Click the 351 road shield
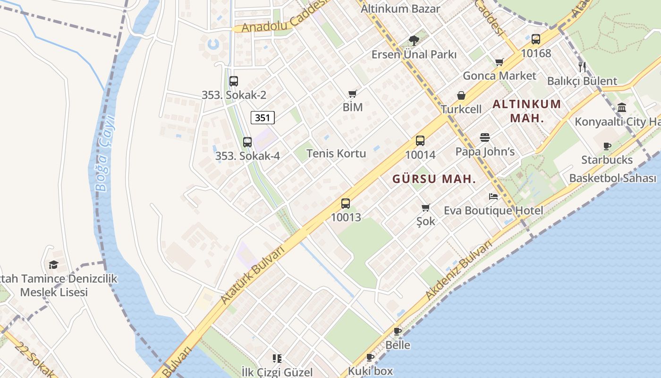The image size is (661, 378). point(262,118)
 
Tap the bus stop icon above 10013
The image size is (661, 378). point(346,204)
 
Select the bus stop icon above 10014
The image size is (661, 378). point(420,140)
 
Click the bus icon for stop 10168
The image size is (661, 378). point(536,39)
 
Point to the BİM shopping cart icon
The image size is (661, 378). point(352,94)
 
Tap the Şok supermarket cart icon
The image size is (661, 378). point(425,207)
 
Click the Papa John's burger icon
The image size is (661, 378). point(485,137)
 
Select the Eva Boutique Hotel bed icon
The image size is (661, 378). point(493,196)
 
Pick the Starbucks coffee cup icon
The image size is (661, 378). point(607,146)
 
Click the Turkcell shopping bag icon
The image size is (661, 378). point(461,95)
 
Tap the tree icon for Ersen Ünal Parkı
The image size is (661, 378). point(414,41)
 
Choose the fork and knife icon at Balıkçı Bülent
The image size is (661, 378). point(582,67)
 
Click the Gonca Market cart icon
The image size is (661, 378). point(500,62)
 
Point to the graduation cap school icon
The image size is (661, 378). point(53,265)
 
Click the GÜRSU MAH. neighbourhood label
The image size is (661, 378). point(434,179)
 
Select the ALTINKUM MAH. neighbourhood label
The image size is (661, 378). point(527,111)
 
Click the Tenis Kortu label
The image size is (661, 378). point(336,154)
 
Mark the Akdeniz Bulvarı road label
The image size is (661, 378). point(458,270)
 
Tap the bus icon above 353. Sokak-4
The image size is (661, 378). point(247,142)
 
